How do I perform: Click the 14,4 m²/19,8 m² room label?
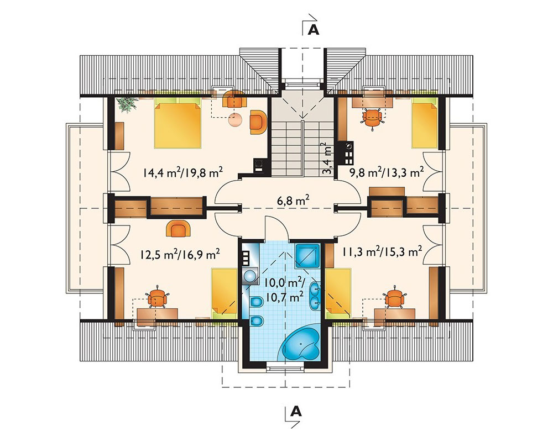(x=182, y=173)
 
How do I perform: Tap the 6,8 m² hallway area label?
(x=294, y=201)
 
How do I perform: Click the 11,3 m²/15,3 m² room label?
(x=382, y=252)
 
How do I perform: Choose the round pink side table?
(x=235, y=119)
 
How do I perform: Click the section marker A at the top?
(x=313, y=30)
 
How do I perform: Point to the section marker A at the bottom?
(x=296, y=411)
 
